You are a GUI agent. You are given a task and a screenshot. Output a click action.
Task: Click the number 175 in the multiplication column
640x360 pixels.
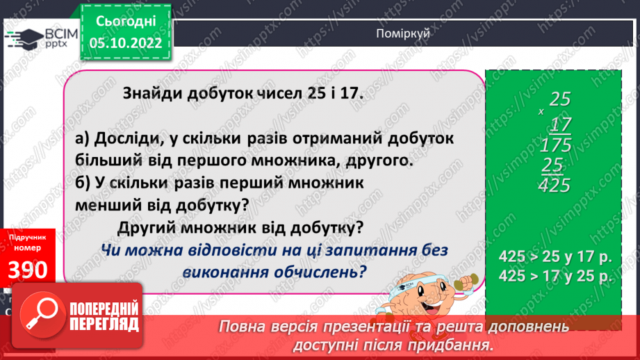point(555,145)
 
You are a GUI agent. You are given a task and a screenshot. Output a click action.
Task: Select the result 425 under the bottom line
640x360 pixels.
point(555,186)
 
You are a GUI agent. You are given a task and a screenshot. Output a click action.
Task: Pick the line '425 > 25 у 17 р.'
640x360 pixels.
point(554,255)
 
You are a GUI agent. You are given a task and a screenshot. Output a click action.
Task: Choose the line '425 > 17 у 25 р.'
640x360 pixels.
point(554,276)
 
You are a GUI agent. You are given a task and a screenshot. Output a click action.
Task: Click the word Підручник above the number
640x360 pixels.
point(28,238)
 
